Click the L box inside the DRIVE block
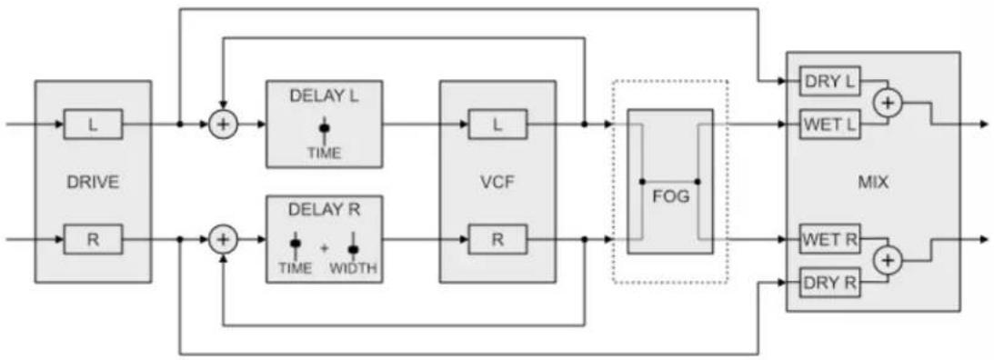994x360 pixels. (x=93, y=125)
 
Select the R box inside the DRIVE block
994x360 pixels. (x=93, y=240)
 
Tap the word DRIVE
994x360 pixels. (x=93, y=183)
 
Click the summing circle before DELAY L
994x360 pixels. (x=223, y=125)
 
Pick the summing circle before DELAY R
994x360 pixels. (x=223, y=240)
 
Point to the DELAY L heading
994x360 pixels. (x=324, y=96)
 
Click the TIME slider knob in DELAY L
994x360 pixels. (x=325, y=128)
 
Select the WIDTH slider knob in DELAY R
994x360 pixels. (x=353, y=248)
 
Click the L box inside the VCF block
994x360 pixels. (x=497, y=125)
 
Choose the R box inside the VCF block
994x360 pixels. (x=497, y=240)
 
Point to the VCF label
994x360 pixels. (x=497, y=183)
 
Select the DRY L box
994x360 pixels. (x=829, y=82)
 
